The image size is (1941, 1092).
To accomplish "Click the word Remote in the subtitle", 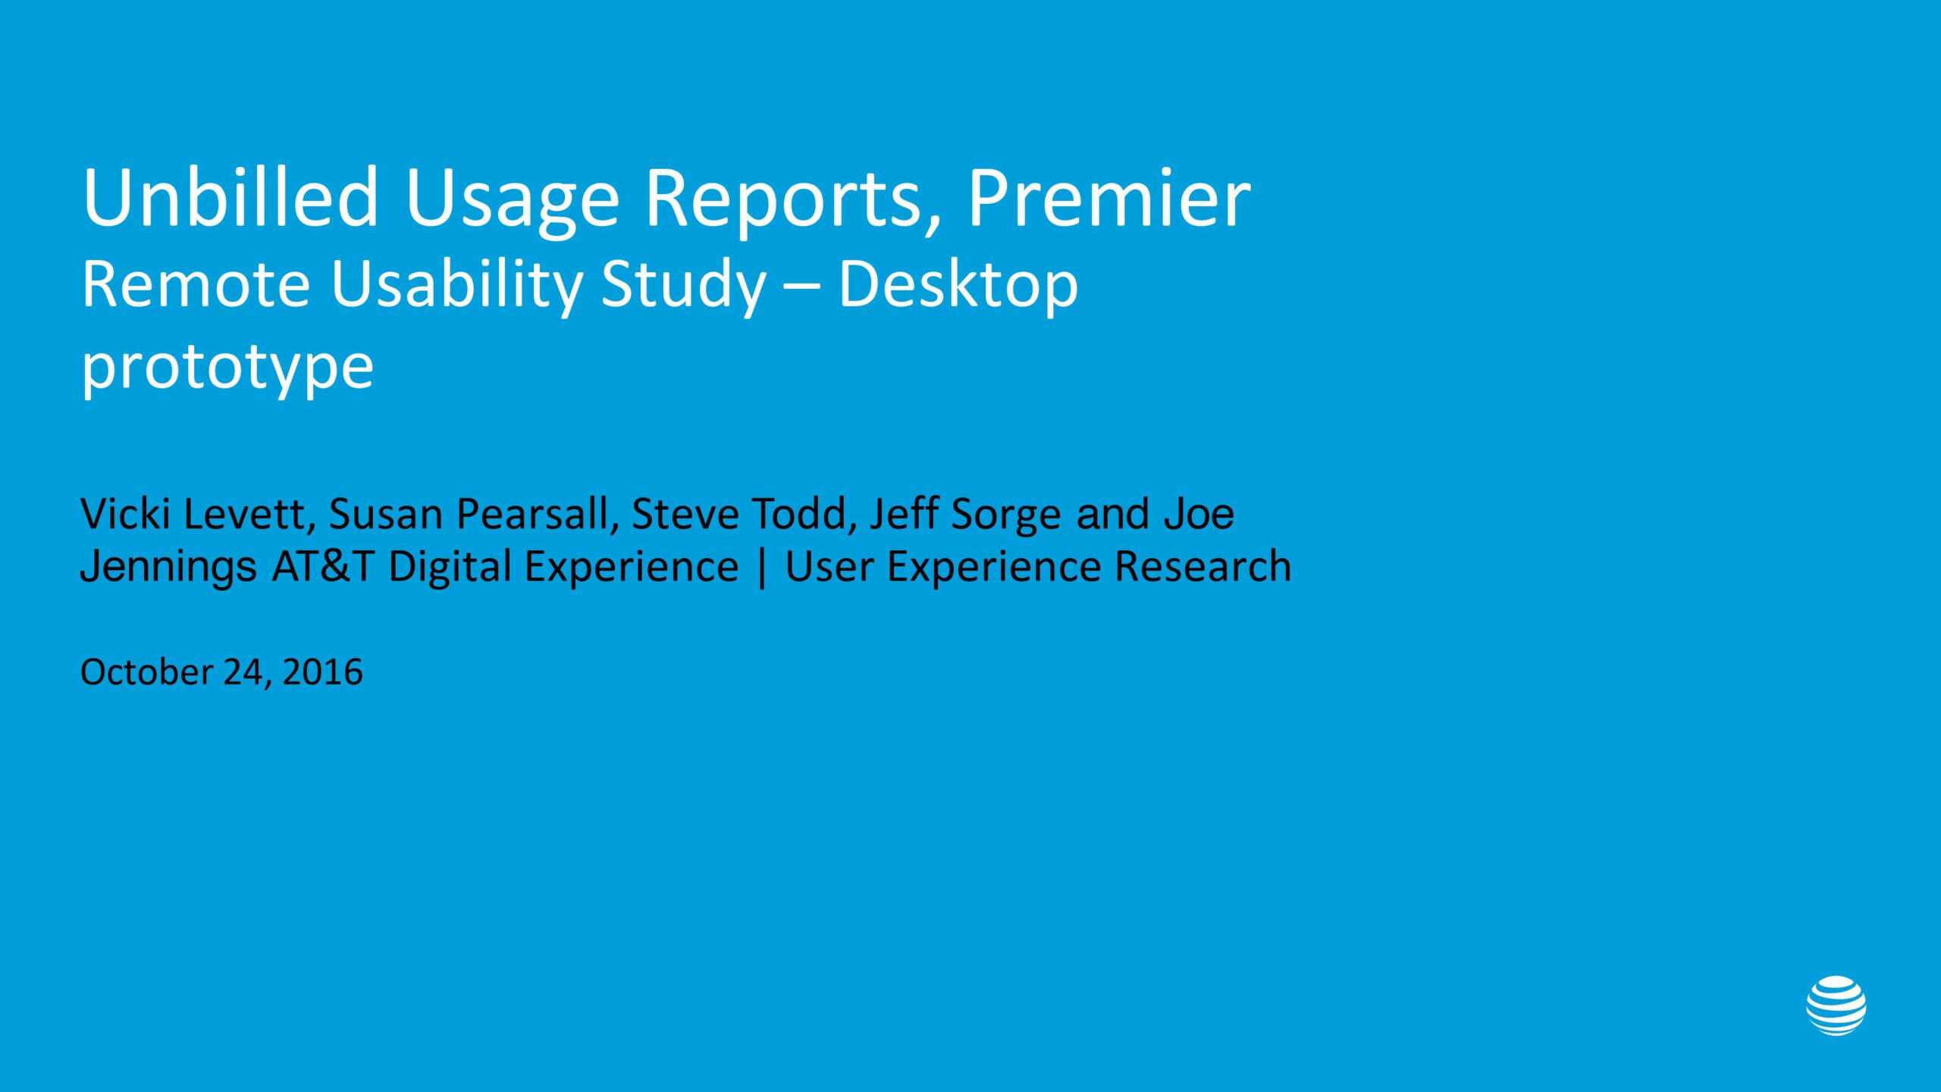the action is (x=196, y=284).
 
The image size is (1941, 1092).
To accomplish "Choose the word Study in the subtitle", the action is (x=683, y=287).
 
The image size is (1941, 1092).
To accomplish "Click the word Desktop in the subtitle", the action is (x=958, y=287).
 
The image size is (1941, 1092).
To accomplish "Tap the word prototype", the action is (x=227, y=368).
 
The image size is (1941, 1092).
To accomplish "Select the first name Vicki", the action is (x=125, y=513).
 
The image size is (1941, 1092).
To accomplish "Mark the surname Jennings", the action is (x=168, y=568).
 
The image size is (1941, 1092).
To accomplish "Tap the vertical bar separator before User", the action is (x=762, y=567).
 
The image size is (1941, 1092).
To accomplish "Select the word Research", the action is (x=1203, y=566).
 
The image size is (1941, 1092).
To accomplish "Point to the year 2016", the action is (x=323, y=672).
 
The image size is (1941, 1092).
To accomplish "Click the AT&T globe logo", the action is (x=1836, y=1006).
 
